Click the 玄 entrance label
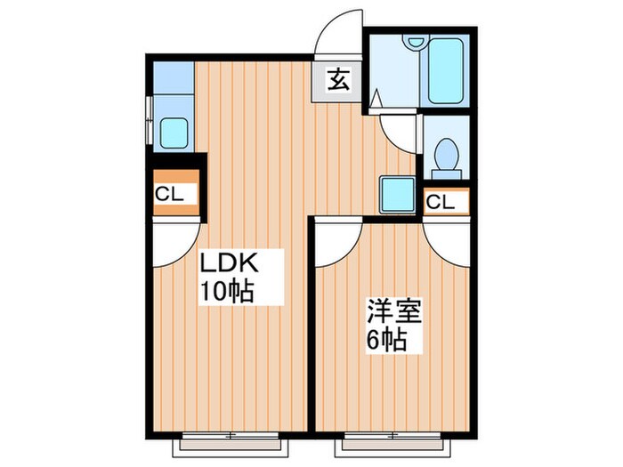[338, 81]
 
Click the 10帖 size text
[227, 290]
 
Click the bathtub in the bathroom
[445, 70]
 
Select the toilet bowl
[443, 157]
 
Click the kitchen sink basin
[172, 133]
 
